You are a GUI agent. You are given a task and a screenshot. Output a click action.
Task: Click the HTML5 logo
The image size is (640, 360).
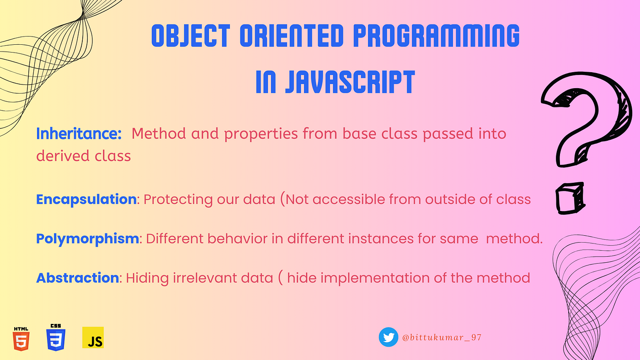[x=21, y=339]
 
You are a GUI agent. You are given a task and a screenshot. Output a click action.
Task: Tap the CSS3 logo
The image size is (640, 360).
[x=56, y=338]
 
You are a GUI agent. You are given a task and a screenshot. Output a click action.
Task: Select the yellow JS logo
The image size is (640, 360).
[x=93, y=338]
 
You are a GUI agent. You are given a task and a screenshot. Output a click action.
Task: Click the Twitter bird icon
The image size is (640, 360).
[x=388, y=337]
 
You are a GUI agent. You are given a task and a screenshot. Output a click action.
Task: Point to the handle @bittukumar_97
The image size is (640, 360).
[x=442, y=338]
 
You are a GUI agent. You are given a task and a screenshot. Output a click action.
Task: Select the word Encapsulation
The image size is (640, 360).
[x=86, y=200]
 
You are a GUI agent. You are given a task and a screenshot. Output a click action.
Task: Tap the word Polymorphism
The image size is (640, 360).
[x=87, y=238]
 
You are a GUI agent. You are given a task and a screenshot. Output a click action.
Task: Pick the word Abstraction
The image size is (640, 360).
[x=77, y=278]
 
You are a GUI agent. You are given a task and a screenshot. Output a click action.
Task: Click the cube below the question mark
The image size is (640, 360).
[x=570, y=198]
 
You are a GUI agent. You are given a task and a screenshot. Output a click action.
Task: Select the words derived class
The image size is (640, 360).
[x=83, y=156]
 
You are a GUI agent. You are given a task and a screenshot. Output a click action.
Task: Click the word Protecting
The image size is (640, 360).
[x=178, y=200]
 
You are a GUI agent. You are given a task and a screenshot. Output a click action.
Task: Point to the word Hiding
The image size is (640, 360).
[x=147, y=278]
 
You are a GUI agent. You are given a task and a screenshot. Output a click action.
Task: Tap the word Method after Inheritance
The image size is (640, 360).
[x=159, y=133]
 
